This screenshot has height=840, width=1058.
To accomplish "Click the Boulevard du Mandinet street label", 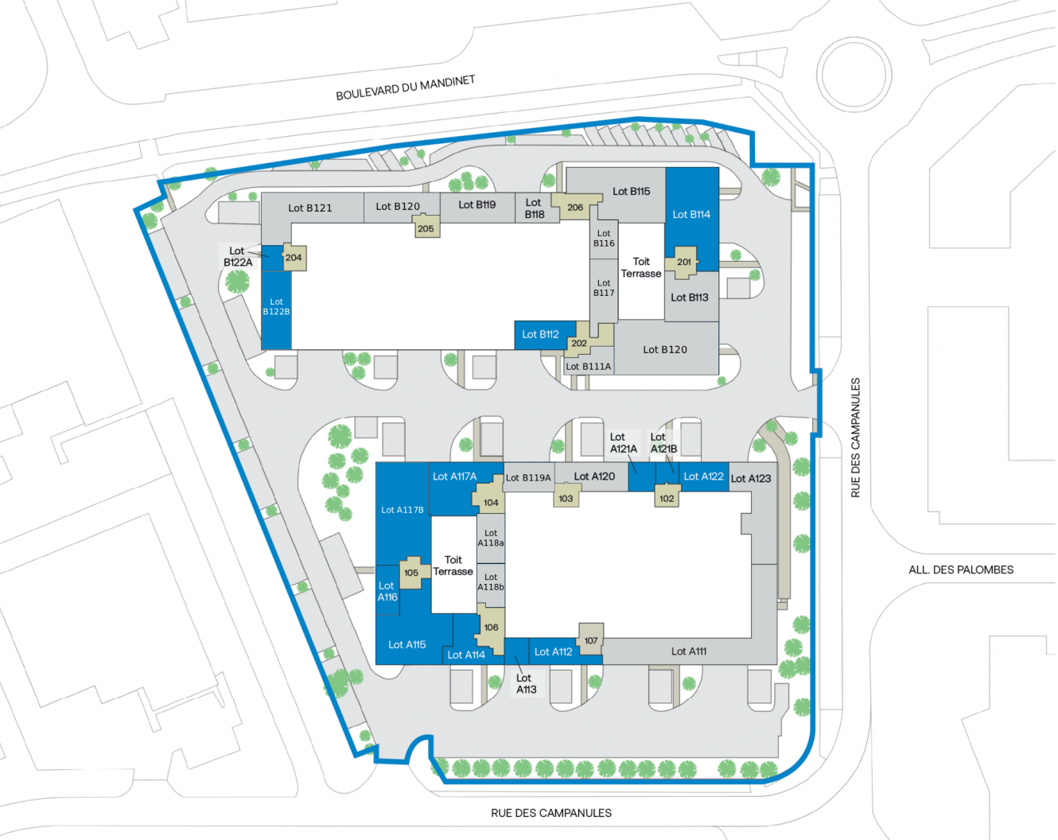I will coord(405,87).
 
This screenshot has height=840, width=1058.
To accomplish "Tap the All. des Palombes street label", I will coord(960,570).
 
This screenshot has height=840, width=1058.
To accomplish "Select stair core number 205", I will coord(426,228).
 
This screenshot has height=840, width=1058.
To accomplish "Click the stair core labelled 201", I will coord(683,262).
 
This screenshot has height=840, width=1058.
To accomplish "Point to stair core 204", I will coord(294,257).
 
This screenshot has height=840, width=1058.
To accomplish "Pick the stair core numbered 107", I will coord(590,640).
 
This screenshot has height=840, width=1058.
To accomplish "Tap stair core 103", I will coord(566,498).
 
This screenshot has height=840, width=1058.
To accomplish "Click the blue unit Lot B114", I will coord(691,214).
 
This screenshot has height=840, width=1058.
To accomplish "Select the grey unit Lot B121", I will coord(310,208).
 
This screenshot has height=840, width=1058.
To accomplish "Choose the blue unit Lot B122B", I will coord(276,307).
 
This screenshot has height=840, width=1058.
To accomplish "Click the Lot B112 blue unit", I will coord(540,334).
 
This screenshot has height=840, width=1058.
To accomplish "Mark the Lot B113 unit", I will coord(690,297).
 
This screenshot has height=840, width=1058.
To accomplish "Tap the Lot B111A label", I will coord(588,367).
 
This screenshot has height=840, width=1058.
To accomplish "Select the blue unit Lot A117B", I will coord(403,510).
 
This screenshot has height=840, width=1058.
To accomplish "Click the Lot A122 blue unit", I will coord(703,476).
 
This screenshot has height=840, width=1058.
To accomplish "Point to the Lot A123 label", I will coord(751,478).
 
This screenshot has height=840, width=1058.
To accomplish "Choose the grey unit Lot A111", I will coord(688,651).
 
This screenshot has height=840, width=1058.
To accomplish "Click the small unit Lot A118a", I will coord(491,539).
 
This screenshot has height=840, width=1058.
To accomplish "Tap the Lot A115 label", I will coord(406,644).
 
